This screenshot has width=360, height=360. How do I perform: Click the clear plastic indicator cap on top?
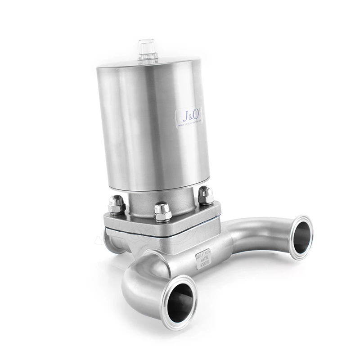pos(148,50)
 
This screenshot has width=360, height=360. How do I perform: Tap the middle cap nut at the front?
pos(162,211)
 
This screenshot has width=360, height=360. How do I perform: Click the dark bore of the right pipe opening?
pos(301,237)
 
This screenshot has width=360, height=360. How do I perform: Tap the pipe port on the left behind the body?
pos(110,241)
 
